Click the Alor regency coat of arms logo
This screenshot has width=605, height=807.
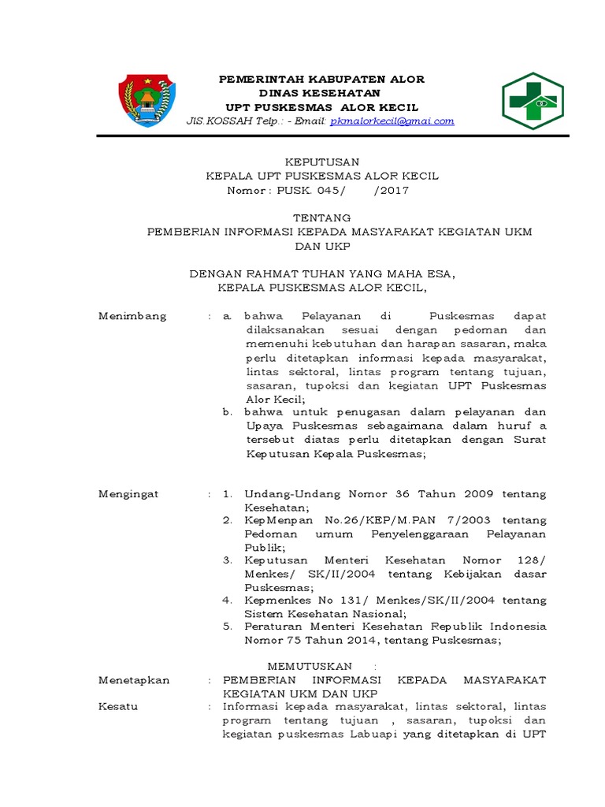(x=147, y=100)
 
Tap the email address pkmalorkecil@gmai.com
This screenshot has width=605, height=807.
(x=392, y=121)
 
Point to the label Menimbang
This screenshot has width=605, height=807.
(x=132, y=316)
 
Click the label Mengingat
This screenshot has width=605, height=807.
(x=128, y=494)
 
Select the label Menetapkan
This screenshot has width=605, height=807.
(x=134, y=679)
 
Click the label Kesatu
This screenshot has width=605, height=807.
(x=118, y=706)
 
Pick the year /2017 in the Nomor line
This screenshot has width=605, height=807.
(x=392, y=190)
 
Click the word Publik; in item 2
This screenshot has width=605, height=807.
(x=265, y=547)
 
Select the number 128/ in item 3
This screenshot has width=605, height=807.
(x=531, y=560)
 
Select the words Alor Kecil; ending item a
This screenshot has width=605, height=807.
(x=269, y=400)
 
